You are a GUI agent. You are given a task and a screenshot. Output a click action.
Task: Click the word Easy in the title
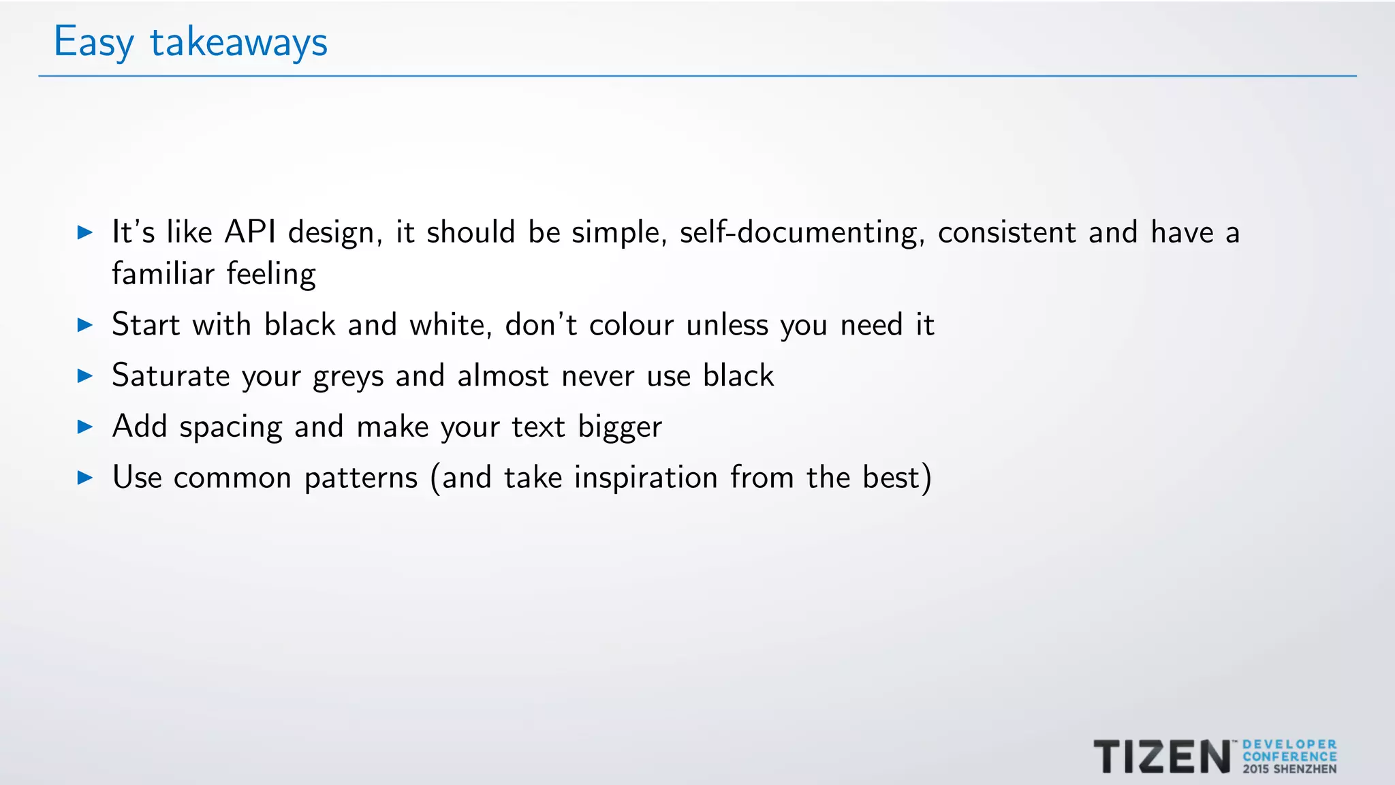93,42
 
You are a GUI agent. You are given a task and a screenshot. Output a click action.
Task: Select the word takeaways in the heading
238,42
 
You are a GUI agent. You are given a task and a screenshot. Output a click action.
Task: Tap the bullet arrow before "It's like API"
85,232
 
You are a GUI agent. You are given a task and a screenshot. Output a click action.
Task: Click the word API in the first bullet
250,232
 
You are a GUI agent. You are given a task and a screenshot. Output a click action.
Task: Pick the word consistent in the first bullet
1007,232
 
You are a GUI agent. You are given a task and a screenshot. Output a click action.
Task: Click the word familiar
163,274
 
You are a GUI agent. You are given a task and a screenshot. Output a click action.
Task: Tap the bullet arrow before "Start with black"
85,324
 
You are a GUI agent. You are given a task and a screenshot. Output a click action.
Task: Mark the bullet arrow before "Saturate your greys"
85,375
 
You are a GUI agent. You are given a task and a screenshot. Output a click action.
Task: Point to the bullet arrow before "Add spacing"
85,427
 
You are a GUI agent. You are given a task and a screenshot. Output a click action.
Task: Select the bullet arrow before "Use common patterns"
85,478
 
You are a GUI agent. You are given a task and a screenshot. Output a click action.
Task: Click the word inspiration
646,478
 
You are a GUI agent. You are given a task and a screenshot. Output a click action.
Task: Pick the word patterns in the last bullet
361,478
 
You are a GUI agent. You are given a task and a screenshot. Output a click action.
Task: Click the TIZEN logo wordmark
1162,757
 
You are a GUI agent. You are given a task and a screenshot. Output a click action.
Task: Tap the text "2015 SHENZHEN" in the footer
1289,769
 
